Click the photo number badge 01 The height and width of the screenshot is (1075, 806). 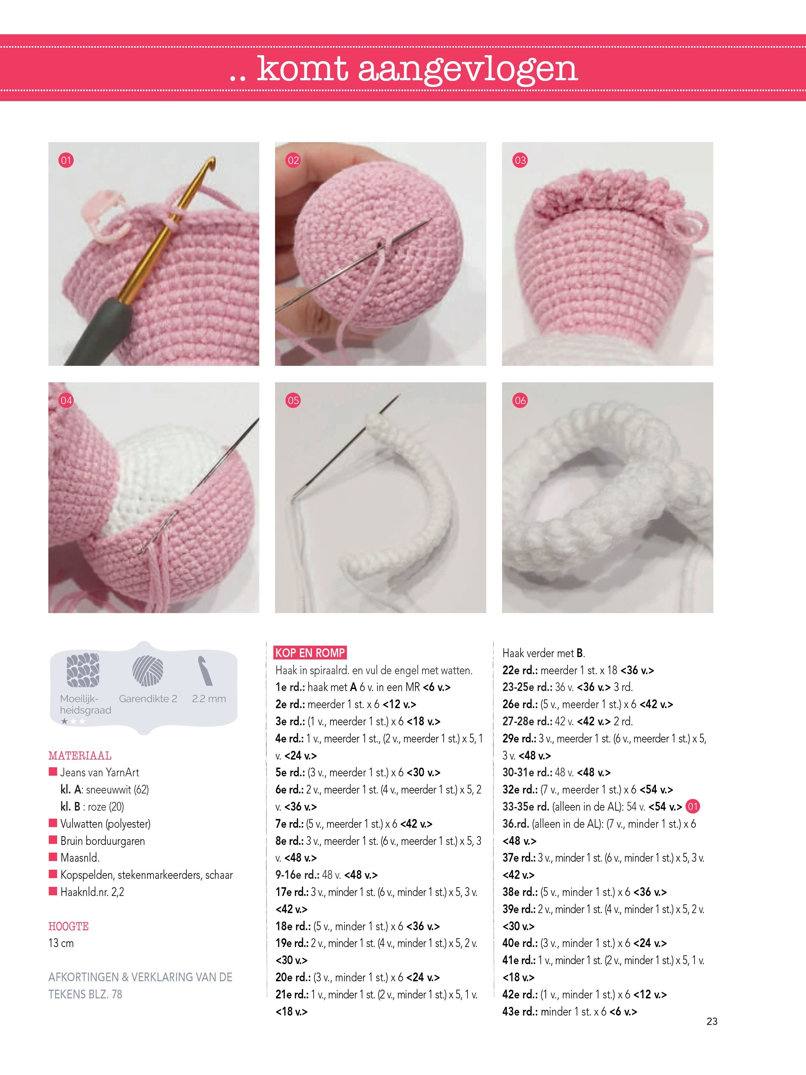pos(65,160)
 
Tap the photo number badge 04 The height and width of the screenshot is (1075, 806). pos(65,400)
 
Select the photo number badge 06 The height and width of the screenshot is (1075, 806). pos(520,400)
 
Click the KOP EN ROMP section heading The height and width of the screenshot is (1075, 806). pos(310,653)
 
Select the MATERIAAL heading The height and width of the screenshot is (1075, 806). pos(80,756)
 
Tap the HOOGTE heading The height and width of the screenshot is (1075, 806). pos(69,926)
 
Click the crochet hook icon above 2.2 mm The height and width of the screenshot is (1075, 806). pos(206,671)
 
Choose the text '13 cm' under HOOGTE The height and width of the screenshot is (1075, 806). pos(61,943)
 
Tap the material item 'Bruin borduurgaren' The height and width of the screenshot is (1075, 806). pos(102,841)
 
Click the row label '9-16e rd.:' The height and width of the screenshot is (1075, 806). pos(297,875)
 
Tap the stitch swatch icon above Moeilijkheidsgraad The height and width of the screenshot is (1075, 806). pos(83,671)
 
